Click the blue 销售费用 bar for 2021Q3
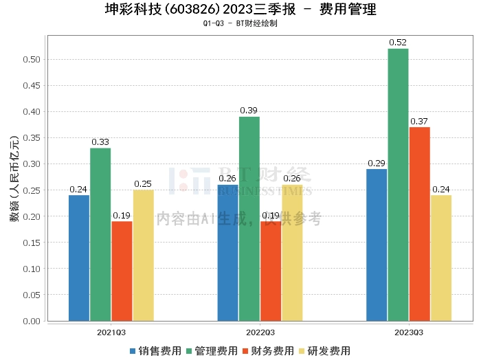click(79, 258)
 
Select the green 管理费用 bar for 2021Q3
click(100, 234)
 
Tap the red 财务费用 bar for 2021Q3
click(122, 271)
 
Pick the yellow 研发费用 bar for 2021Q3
click(144, 255)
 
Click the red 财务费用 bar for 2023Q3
click(420, 223)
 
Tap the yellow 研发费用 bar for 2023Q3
click(441, 258)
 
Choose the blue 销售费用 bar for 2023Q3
click(377, 245)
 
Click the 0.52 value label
click(398, 43)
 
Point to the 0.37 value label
click(419, 122)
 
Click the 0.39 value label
click(249, 111)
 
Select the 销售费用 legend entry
click(155, 351)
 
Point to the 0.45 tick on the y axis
click(30, 85)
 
